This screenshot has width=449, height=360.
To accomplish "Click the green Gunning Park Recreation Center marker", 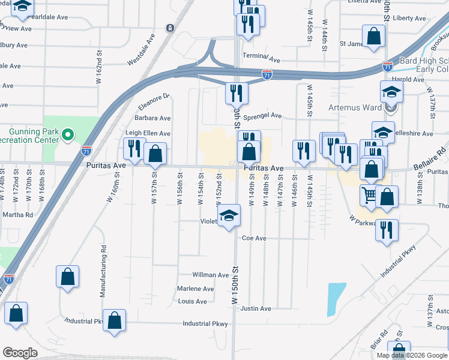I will [x=68, y=134].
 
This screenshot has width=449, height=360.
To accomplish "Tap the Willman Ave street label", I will [x=211, y=275].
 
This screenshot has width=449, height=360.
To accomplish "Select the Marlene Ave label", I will [x=196, y=289].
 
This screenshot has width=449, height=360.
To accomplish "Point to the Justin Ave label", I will [x=256, y=308].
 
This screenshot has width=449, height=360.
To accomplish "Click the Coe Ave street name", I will [x=254, y=238].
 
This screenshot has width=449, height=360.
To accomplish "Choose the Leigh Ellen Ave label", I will [x=148, y=133].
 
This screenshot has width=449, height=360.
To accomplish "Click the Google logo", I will [x=20, y=352].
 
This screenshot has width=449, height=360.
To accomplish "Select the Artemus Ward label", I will [x=355, y=108].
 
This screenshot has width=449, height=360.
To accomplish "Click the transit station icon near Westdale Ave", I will [x=170, y=28].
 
